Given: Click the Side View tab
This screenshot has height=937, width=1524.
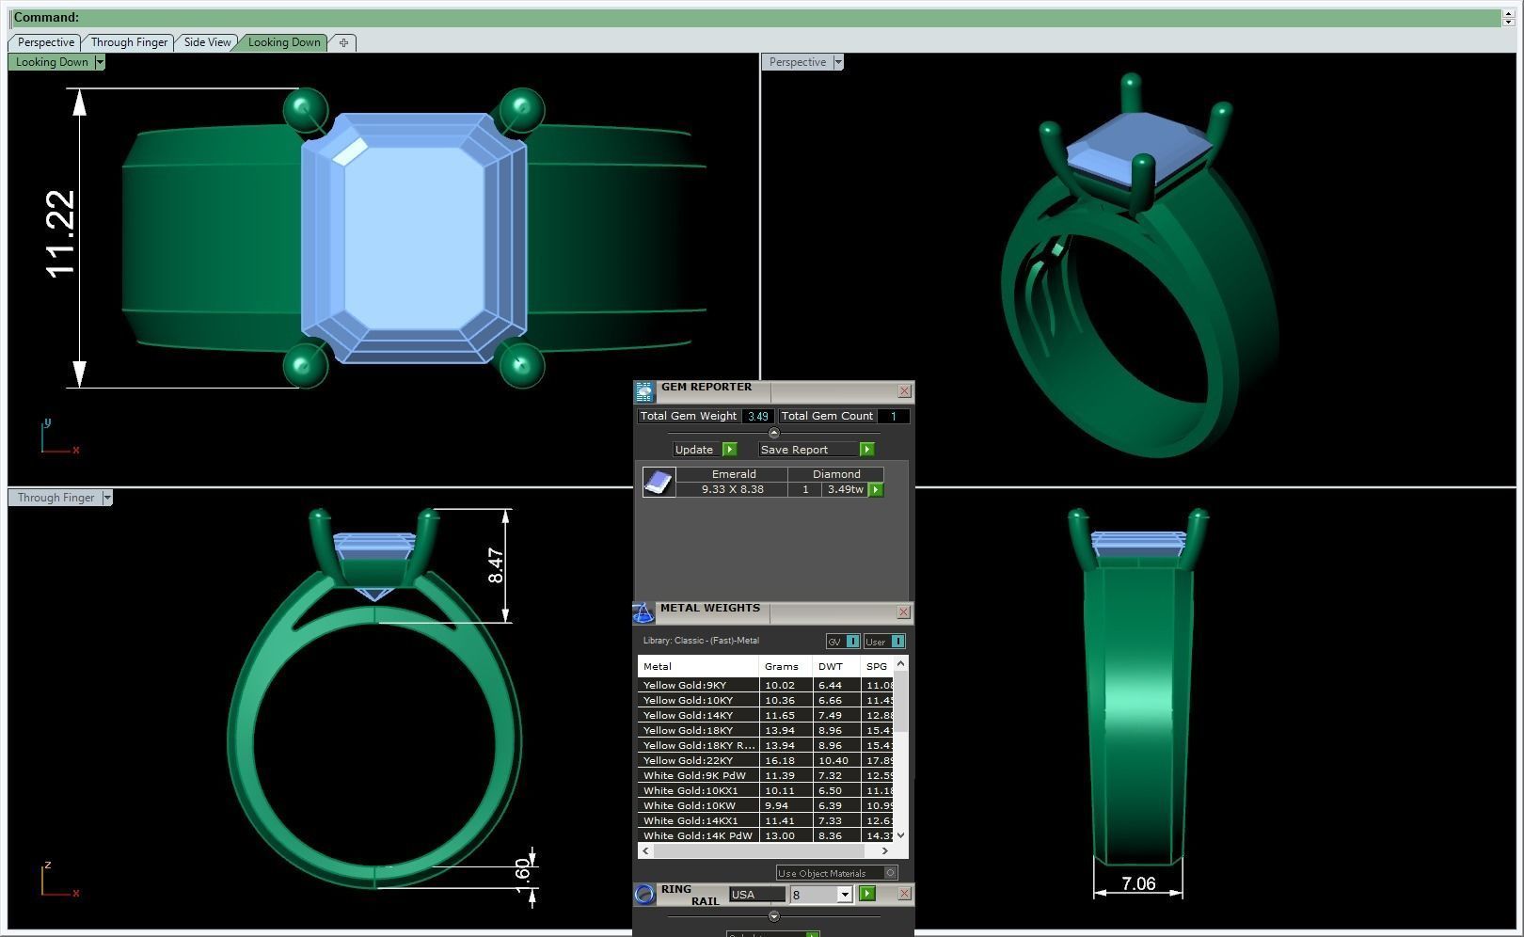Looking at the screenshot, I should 207,42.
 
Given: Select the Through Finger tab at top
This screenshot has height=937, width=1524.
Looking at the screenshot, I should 129,42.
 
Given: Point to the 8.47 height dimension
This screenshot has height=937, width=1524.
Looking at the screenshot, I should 496,564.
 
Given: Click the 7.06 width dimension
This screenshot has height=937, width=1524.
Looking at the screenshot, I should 1138,883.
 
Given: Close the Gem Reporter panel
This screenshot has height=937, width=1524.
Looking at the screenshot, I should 904,390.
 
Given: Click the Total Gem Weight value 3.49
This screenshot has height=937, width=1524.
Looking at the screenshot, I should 757,416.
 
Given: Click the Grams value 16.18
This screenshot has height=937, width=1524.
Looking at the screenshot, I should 780,760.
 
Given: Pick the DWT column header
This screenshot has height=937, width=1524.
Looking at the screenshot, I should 831,666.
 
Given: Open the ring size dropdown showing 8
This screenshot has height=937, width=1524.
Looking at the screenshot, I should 844,895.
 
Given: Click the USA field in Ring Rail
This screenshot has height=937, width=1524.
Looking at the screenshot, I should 755,895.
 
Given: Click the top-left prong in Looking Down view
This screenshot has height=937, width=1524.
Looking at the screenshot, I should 305,109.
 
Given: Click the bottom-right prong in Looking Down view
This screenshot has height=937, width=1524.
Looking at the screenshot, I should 521,365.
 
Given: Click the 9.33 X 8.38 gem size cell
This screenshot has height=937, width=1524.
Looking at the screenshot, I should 732,489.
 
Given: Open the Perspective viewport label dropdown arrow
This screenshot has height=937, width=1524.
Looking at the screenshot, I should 837,62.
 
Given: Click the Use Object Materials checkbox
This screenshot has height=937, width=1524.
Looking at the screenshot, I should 890,873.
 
